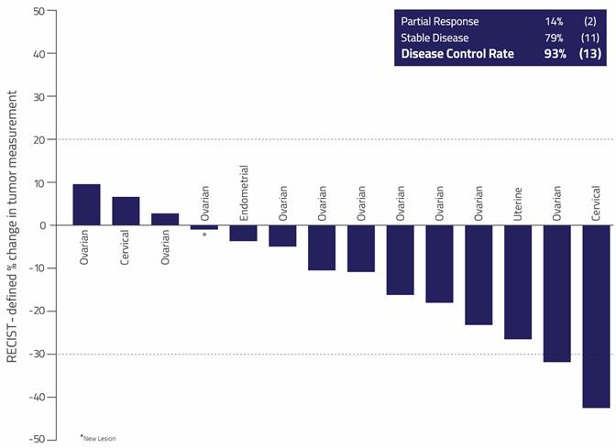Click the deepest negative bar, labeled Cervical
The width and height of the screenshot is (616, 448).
pyautogui.click(x=596, y=316)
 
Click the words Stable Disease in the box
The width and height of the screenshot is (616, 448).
pyautogui.click(x=434, y=38)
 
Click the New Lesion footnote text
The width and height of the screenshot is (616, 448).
pyautogui.click(x=99, y=438)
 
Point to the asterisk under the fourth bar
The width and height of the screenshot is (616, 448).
pyautogui.click(x=204, y=235)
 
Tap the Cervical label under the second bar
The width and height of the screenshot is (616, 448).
pyautogui.click(x=126, y=247)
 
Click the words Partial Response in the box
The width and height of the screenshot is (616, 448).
pyautogui.click(x=440, y=21)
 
